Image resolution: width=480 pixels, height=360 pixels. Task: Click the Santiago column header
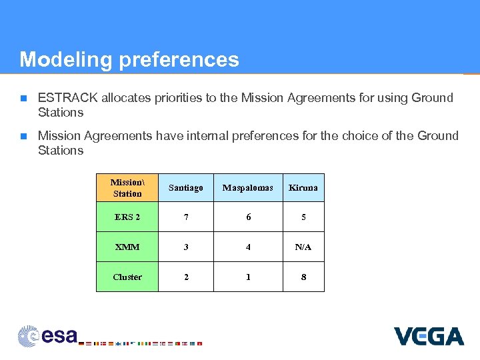(x=186, y=187)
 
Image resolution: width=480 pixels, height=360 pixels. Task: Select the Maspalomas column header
(x=248, y=187)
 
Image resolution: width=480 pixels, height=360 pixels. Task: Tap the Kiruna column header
(x=303, y=187)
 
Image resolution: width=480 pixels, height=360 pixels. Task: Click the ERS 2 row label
(x=127, y=217)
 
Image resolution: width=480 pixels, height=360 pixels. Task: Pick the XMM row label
(x=127, y=247)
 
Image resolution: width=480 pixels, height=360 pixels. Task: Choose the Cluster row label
(x=127, y=277)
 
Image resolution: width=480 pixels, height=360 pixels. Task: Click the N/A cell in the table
(x=303, y=247)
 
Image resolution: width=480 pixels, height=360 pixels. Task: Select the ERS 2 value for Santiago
(x=186, y=217)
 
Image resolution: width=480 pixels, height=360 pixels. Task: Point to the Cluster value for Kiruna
(x=303, y=277)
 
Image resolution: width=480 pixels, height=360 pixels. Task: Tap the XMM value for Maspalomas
(x=248, y=247)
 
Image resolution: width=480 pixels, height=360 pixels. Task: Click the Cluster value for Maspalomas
(x=248, y=277)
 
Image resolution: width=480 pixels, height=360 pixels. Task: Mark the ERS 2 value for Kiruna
(x=303, y=217)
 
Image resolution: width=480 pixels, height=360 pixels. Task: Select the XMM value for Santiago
(x=186, y=247)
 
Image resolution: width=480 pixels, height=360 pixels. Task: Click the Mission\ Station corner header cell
(x=127, y=187)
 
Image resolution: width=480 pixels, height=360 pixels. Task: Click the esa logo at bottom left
(x=48, y=335)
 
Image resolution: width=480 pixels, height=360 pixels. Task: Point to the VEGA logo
(x=428, y=335)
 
